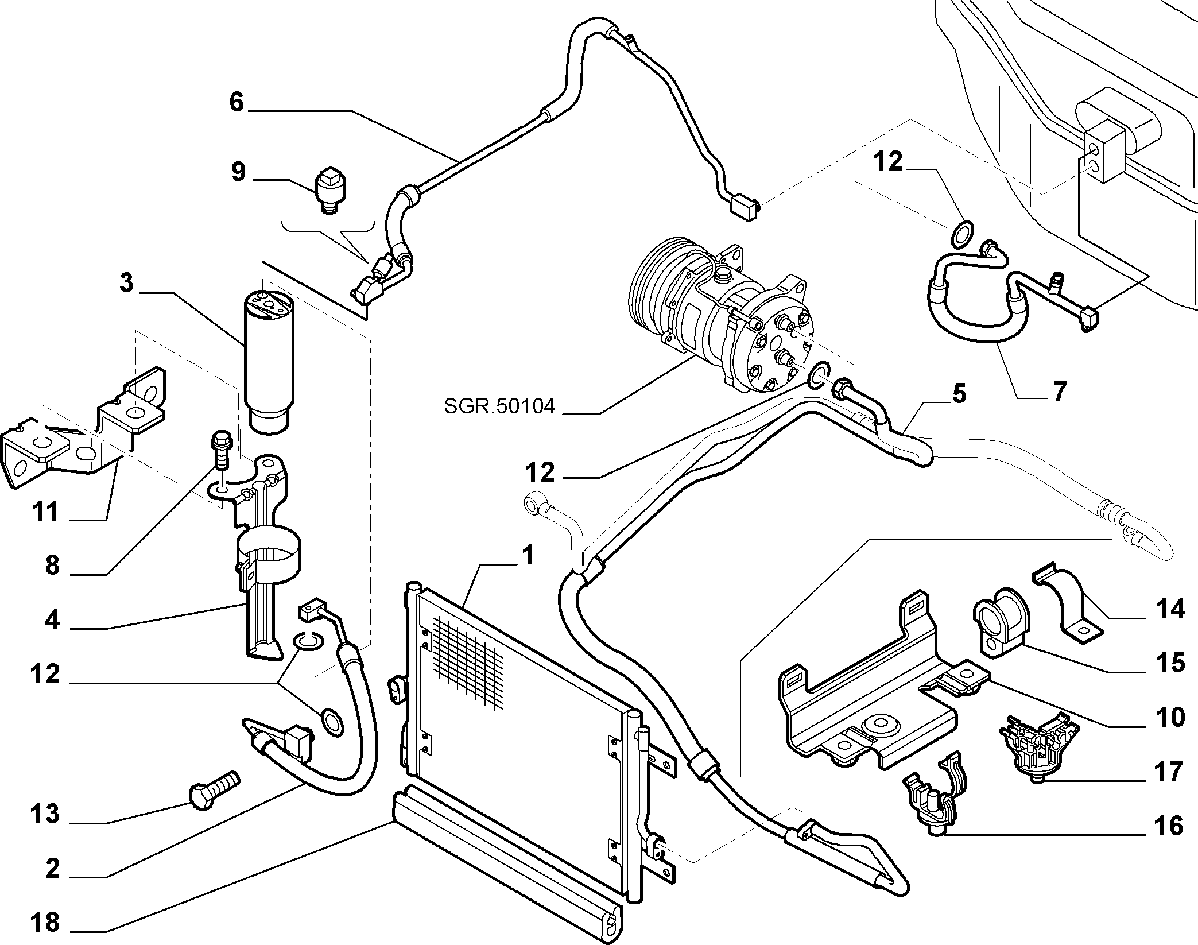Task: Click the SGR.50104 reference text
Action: [499, 406]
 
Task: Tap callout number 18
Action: [45, 923]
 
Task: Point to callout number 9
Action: [238, 172]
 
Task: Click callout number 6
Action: [237, 102]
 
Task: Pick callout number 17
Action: [1169, 771]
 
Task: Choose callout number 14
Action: [1169, 609]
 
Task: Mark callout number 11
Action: [45, 511]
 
